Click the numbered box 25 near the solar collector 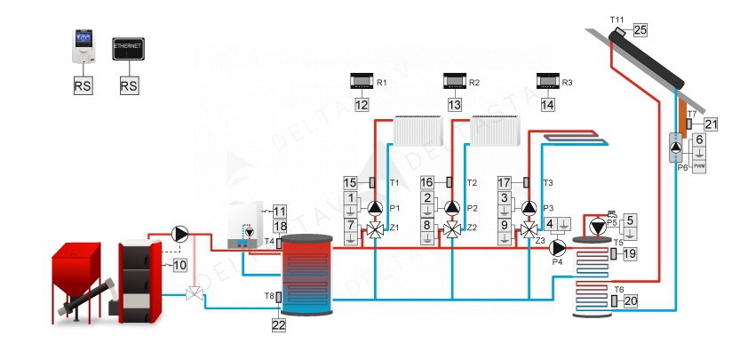[x=640, y=30]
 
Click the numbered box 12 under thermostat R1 [x=362, y=105]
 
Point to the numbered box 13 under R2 [x=455, y=105]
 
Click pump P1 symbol [x=376, y=209]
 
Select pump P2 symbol [x=452, y=209]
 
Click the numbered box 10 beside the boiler [x=179, y=264]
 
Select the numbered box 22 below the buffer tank [x=279, y=325]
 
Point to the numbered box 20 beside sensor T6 [x=631, y=301]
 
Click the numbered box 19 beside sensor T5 [x=631, y=254]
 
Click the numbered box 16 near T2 [x=427, y=182]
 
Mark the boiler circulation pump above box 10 [x=180, y=234]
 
